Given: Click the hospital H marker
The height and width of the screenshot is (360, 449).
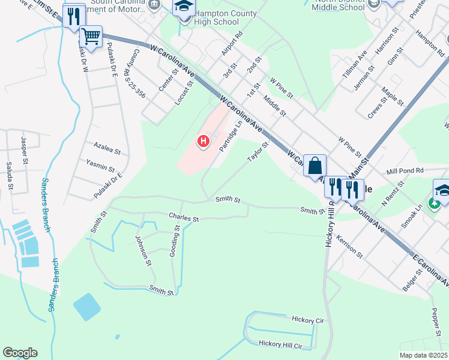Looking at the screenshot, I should click(x=203, y=142).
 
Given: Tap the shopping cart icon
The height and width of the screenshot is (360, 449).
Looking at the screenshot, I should click(x=91, y=35).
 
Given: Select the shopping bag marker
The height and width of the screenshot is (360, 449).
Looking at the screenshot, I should click(x=315, y=164).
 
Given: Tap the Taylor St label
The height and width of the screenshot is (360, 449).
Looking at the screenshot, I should click(x=257, y=151).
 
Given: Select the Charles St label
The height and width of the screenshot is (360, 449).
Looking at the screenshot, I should click(x=183, y=218).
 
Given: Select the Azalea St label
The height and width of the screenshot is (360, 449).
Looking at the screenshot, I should click(x=107, y=146).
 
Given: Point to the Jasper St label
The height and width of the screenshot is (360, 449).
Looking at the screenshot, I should click(x=25, y=149).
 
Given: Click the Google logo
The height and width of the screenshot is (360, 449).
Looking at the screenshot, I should click(x=20, y=353).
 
